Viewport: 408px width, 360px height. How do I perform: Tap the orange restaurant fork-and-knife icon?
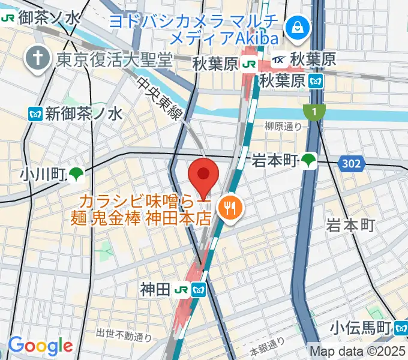click(230, 209)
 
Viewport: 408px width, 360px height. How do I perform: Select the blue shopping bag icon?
click(296, 26)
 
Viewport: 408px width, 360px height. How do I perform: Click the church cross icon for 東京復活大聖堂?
click(36, 59)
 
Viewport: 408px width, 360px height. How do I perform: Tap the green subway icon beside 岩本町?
click(309, 160)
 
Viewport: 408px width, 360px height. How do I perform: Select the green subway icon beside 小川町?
click(76, 174)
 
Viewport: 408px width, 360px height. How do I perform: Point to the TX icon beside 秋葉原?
click(279, 60)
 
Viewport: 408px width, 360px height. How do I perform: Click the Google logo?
click(40, 346)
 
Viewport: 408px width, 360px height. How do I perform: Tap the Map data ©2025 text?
click(358, 351)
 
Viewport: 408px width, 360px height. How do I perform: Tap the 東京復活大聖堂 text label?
click(115, 59)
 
